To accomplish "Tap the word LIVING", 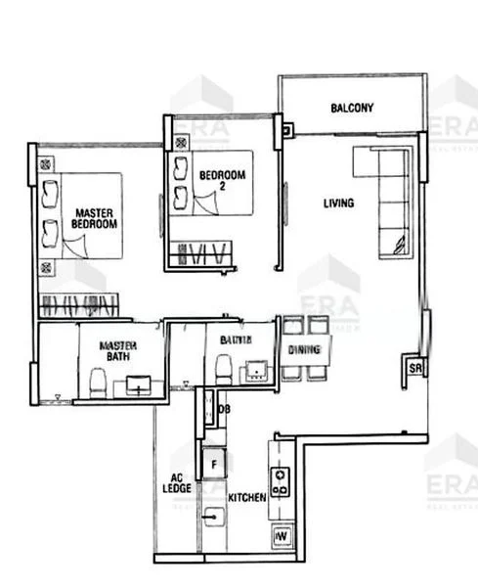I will tap(339, 203).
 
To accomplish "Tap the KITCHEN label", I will tap(246, 498).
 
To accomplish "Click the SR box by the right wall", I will tap(414, 369).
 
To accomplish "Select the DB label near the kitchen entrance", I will tap(224, 408).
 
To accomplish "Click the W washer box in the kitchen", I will tap(282, 536).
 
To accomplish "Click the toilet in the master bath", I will tap(97, 383).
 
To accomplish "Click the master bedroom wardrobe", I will tap(78, 303).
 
